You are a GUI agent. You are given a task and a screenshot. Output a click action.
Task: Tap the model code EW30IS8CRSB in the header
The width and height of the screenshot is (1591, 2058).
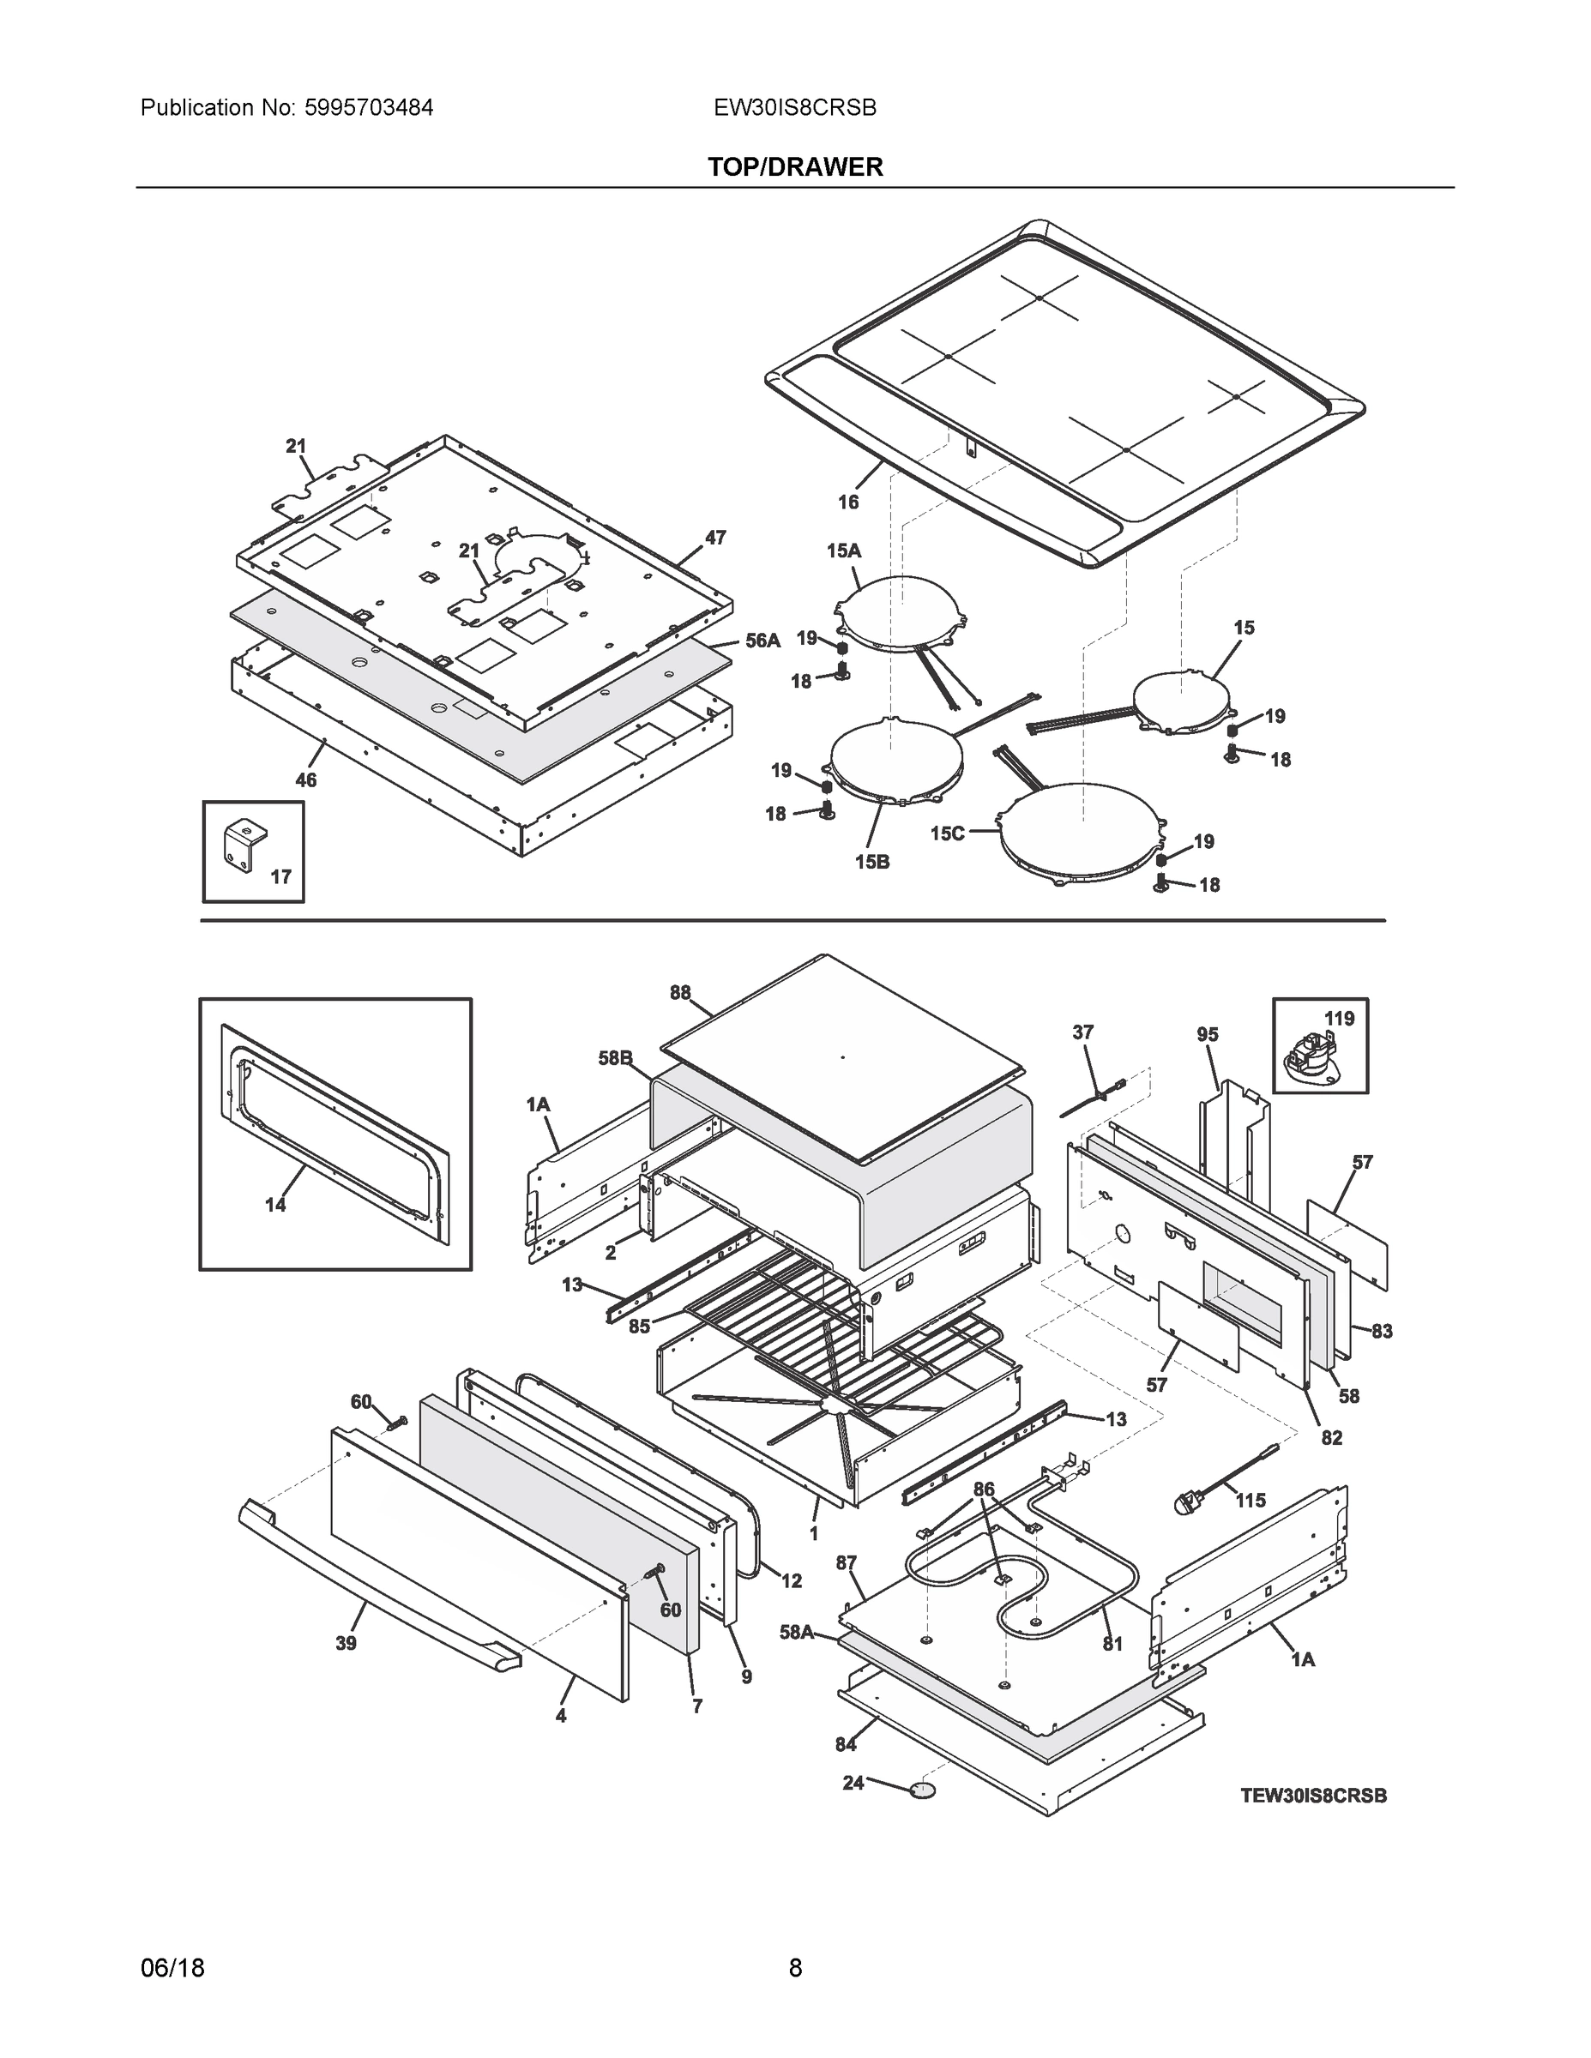794,107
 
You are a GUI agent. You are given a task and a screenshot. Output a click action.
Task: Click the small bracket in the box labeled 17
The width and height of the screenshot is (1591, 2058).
244,839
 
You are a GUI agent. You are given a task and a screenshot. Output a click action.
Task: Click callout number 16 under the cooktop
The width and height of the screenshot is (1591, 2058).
848,502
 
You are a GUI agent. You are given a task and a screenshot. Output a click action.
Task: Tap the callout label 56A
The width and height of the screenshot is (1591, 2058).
762,641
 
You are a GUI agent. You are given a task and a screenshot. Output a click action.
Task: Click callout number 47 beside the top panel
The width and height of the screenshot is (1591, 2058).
715,537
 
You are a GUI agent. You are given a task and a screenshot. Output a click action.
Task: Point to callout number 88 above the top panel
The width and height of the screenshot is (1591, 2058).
679,992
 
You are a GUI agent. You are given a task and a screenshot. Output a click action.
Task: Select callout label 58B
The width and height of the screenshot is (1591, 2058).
615,1058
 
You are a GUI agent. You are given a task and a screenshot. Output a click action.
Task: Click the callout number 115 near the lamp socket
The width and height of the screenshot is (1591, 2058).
1251,1500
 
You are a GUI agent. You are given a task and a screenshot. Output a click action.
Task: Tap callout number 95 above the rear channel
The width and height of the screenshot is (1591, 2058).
1208,1035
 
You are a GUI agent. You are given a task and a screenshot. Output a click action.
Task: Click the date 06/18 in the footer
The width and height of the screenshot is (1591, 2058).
172,1968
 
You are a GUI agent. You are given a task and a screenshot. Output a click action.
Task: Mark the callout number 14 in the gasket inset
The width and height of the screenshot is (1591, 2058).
275,1204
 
